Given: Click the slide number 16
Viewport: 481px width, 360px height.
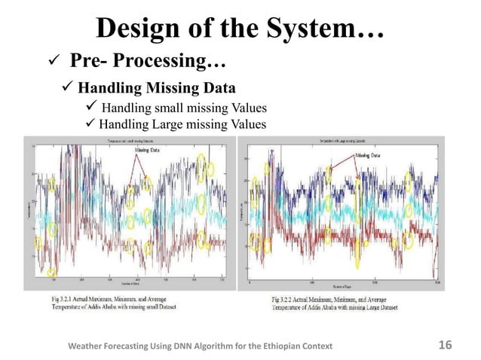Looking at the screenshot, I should click(445, 345).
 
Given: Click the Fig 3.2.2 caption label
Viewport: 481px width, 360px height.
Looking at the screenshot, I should click(290, 300).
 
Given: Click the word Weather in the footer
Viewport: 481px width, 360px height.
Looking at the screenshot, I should click(89, 346).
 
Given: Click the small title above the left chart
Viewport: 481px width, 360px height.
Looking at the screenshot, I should click(133, 141).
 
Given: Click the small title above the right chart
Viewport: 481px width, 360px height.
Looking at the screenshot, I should click(348, 140).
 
